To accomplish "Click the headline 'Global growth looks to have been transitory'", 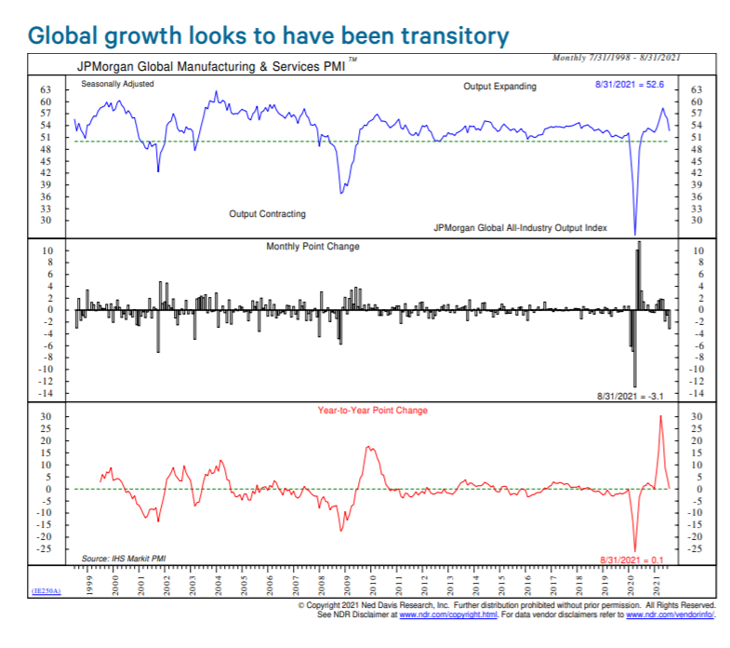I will pyautogui.click(x=270, y=35).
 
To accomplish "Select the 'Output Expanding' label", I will pyautogui.click(x=499, y=87).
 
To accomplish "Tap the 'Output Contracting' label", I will pyautogui.click(x=267, y=214).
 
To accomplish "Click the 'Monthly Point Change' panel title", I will pyautogui.click(x=312, y=247).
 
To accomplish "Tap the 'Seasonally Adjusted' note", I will pyautogui.click(x=117, y=85).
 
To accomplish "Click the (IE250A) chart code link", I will pyautogui.click(x=46, y=591).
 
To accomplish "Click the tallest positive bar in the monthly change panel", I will pyautogui.click(x=639, y=244).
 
